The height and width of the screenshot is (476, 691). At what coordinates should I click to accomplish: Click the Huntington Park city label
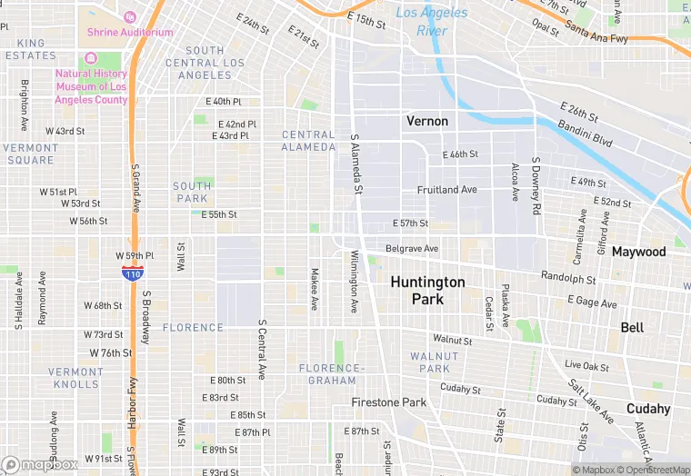[427, 291]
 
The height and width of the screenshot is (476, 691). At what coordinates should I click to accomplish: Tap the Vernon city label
[427, 121]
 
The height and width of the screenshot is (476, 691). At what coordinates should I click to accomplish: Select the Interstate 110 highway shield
[132, 272]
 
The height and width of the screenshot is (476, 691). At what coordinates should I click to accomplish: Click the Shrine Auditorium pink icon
[128, 17]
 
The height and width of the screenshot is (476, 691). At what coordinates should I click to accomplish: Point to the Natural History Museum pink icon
[90, 57]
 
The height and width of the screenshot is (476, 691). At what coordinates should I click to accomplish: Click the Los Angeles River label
[432, 22]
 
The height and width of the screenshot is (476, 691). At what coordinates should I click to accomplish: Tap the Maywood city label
[638, 252]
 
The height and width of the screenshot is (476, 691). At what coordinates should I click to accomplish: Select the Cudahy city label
[648, 409]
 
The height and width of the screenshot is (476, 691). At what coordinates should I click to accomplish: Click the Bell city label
[632, 327]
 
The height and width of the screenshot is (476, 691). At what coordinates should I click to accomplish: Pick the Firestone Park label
[389, 402]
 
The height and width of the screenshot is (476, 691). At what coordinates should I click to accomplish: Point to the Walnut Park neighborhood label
[429, 362]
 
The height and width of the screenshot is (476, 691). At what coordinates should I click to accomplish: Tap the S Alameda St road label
[356, 165]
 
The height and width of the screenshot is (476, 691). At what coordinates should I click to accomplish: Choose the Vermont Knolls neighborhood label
[75, 378]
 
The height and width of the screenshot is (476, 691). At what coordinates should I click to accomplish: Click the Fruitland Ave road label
[446, 190]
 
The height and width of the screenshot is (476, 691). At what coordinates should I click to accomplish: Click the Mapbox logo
[39, 464]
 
